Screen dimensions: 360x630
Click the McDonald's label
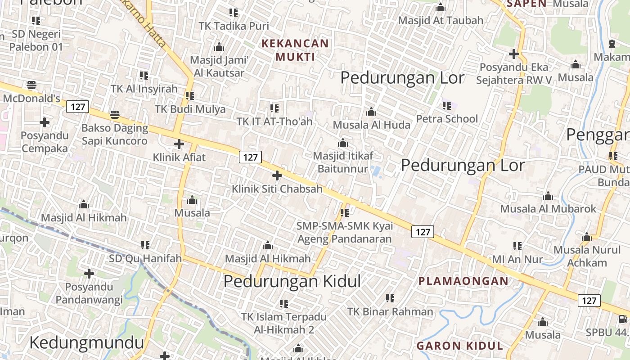click(x=31, y=99)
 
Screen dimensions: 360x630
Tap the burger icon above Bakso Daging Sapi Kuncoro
click(x=115, y=115)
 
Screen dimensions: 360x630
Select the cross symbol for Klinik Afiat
click(x=179, y=144)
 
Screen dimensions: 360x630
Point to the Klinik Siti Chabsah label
click(x=277, y=189)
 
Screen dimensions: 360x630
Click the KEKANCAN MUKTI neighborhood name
click(x=296, y=50)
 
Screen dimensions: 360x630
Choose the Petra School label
click(x=447, y=119)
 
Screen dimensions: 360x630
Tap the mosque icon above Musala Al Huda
click(x=371, y=112)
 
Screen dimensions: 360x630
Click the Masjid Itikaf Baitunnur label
click(x=343, y=162)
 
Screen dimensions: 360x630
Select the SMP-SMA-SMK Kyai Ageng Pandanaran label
click(x=344, y=232)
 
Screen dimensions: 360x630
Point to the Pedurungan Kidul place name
click(x=292, y=281)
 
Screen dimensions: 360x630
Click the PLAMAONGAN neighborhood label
click(x=463, y=281)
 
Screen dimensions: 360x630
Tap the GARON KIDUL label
click(x=459, y=346)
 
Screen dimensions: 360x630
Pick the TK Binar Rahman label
click(x=390, y=311)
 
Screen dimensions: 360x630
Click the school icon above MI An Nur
click(x=517, y=246)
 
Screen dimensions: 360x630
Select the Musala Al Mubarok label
click(x=548, y=209)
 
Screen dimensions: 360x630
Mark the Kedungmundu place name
click(x=86, y=342)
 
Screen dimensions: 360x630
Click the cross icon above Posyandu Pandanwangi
click(x=89, y=273)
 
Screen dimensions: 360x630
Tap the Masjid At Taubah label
click(x=441, y=20)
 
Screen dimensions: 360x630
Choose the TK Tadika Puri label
click(x=234, y=26)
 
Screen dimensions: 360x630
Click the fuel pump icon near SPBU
click(x=623, y=319)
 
